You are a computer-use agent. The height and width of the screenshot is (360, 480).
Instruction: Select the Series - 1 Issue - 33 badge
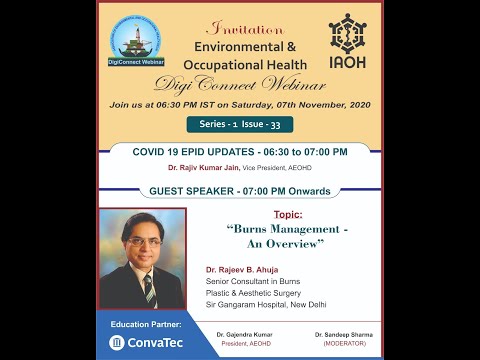coord(239,124)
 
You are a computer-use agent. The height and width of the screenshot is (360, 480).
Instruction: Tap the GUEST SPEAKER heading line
coord(239,191)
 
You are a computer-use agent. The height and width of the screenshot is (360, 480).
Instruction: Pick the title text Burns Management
coord(288,229)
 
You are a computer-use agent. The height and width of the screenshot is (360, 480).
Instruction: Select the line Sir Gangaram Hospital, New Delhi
coord(266,304)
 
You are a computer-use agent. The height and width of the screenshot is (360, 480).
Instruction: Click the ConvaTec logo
coord(146,342)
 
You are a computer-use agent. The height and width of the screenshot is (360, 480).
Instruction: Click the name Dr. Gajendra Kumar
coord(245,333)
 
